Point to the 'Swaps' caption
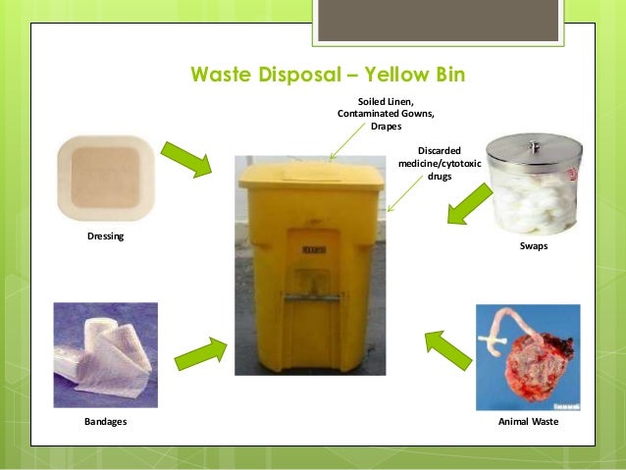click(534, 247)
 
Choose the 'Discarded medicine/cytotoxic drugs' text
click(440, 163)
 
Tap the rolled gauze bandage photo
click(105, 354)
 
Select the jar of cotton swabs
click(535, 186)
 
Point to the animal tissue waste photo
click(528, 357)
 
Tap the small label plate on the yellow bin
click(314, 250)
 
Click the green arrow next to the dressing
click(186, 160)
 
